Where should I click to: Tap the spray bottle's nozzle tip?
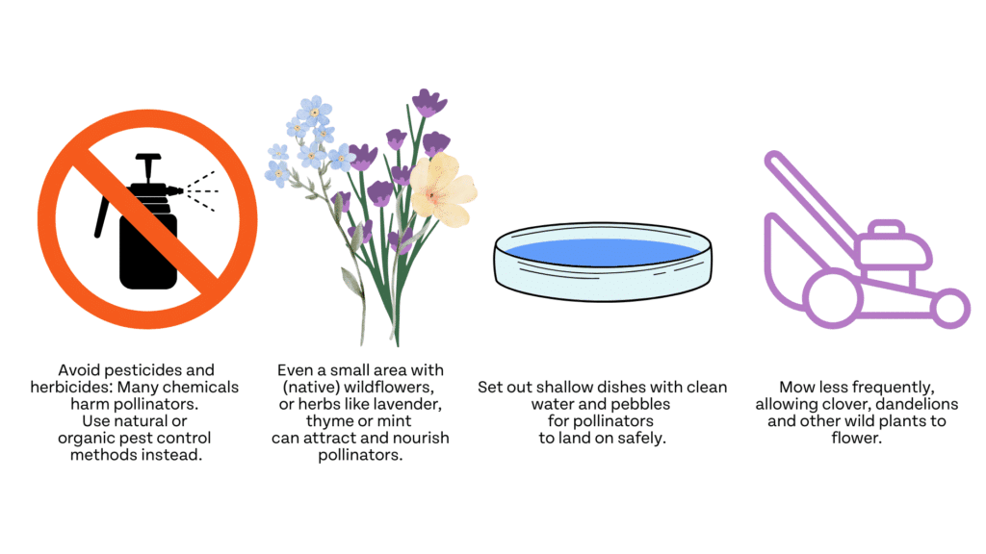coord(181,190)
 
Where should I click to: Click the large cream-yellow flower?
coord(443,189)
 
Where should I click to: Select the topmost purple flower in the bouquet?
coord(428,103)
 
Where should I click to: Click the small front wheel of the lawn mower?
coord(950,308)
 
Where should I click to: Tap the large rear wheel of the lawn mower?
coord(833,299)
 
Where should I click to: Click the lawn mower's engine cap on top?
coord(887,227)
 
